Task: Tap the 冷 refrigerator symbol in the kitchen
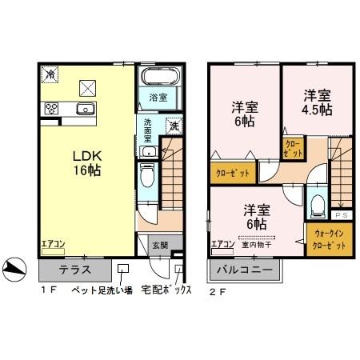coord(50,74)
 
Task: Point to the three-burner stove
coord(52,109)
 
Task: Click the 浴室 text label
coord(158,98)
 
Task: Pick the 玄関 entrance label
coord(160,245)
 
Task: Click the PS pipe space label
coord(342,215)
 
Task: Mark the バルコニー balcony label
coord(246,270)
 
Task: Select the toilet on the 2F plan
coord(318,206)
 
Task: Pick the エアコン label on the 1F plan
coord(54,243)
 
